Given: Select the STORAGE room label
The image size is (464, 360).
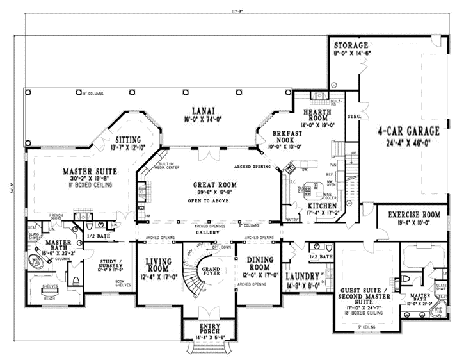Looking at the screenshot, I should click(351, 45).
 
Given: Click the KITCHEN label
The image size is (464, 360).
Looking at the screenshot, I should click(311, 206).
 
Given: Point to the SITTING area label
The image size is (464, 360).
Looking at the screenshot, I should click(129, 139).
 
